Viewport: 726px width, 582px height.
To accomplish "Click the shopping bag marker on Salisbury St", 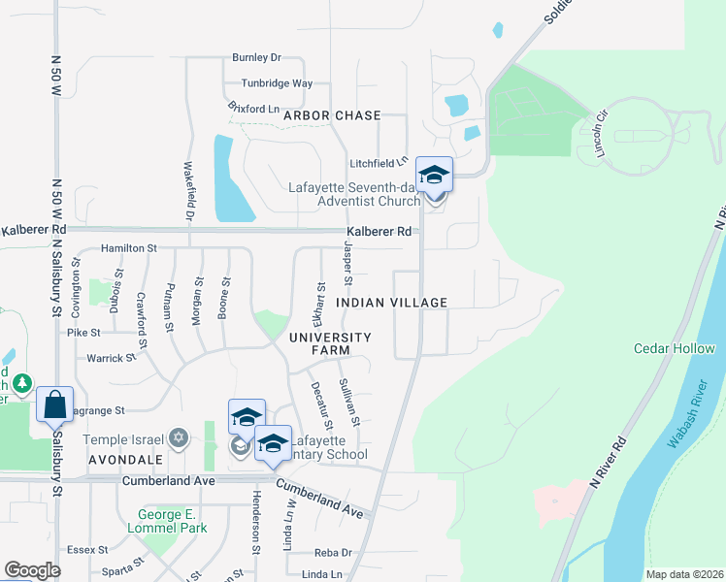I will (55, 404).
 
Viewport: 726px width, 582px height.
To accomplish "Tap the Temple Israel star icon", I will (177, 438).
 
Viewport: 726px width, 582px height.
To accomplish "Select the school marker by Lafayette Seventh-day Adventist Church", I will (434, 175).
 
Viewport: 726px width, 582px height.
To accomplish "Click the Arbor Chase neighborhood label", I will (332, 115).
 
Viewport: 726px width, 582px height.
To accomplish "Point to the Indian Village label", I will (391, 303).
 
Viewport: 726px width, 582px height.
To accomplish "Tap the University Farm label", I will (330, 343).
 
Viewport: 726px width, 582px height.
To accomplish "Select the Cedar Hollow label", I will (670, 348).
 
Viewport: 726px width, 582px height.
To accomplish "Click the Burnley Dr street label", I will (256, 58).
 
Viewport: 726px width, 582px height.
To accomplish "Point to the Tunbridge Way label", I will (277, 83).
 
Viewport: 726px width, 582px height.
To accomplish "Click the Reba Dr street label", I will (333, 552).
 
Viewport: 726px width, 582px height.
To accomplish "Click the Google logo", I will (32, 570).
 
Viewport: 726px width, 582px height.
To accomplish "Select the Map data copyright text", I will (683, 574).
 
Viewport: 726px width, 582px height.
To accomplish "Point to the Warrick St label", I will (112, 358).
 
